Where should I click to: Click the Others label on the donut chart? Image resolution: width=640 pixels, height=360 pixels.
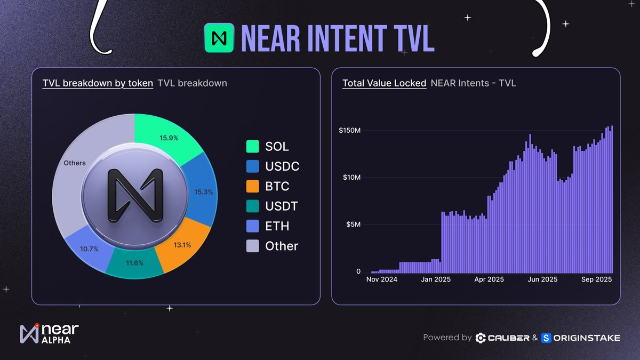pyautogui.click(x=75, y=163)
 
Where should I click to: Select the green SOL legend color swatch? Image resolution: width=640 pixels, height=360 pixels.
pyautogui.click(x=253, y=147)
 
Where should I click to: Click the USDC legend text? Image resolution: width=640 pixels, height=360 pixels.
pyautogui.click(x=282, y=166)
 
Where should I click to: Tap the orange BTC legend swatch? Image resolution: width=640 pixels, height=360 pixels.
pyautogui.click(x=253, y=186)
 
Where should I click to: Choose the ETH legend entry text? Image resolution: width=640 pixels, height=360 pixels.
pyautogui.click(x=277, y=226)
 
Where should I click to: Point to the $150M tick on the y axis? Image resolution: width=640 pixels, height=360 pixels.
pyautogui.click(x=350, y=131)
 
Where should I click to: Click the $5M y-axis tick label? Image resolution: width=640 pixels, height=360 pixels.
pyautogui.click(x=353, y=225)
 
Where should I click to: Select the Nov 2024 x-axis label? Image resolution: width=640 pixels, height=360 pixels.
pyautogui.click(x=382, y=279)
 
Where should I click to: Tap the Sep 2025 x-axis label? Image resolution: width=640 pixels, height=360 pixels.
pyautogui.click(x=596, y=279)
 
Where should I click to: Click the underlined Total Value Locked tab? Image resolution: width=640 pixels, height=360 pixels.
pyautogui.click(x=384, y=83)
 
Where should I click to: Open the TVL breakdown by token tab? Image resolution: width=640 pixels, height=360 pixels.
pyautogui.click(x=98, y=83)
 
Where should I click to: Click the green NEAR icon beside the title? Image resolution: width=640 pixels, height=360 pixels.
pyautogui.click(x=219, y=38)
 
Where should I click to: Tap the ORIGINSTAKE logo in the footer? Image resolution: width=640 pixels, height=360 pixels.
pyautogui.click(x=580, y=338)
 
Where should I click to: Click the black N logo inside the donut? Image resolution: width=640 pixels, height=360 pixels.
pyautogui.click(x=134, y=195)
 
